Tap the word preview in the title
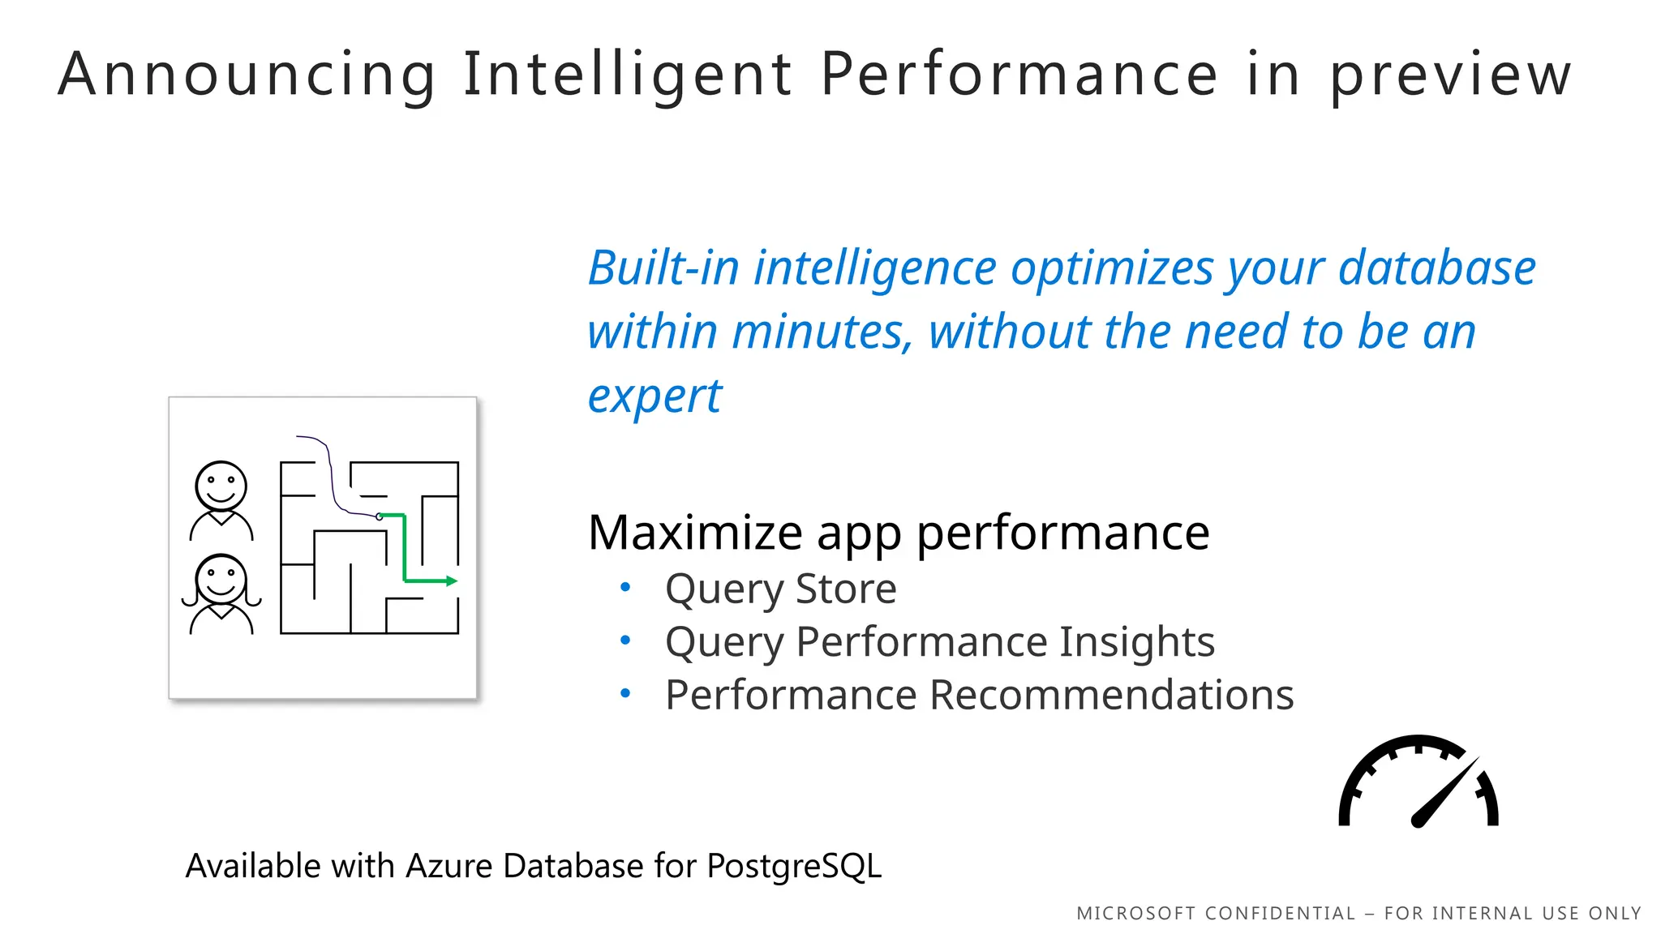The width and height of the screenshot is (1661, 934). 1450,75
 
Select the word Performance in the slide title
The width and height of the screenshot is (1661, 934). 1019,75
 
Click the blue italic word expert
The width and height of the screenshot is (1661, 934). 654,397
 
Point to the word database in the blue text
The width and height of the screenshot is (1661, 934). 1436,268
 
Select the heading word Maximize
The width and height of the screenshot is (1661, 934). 695,533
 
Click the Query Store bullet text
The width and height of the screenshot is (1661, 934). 780,589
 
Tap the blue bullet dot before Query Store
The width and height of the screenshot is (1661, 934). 625,587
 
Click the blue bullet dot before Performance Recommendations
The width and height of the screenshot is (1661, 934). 625,693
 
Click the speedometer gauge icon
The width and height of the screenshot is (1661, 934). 1418,782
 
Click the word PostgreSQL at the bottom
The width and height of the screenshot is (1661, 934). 793,866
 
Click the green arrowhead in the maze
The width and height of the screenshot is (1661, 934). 452,581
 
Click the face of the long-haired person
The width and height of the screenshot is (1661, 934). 221,579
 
